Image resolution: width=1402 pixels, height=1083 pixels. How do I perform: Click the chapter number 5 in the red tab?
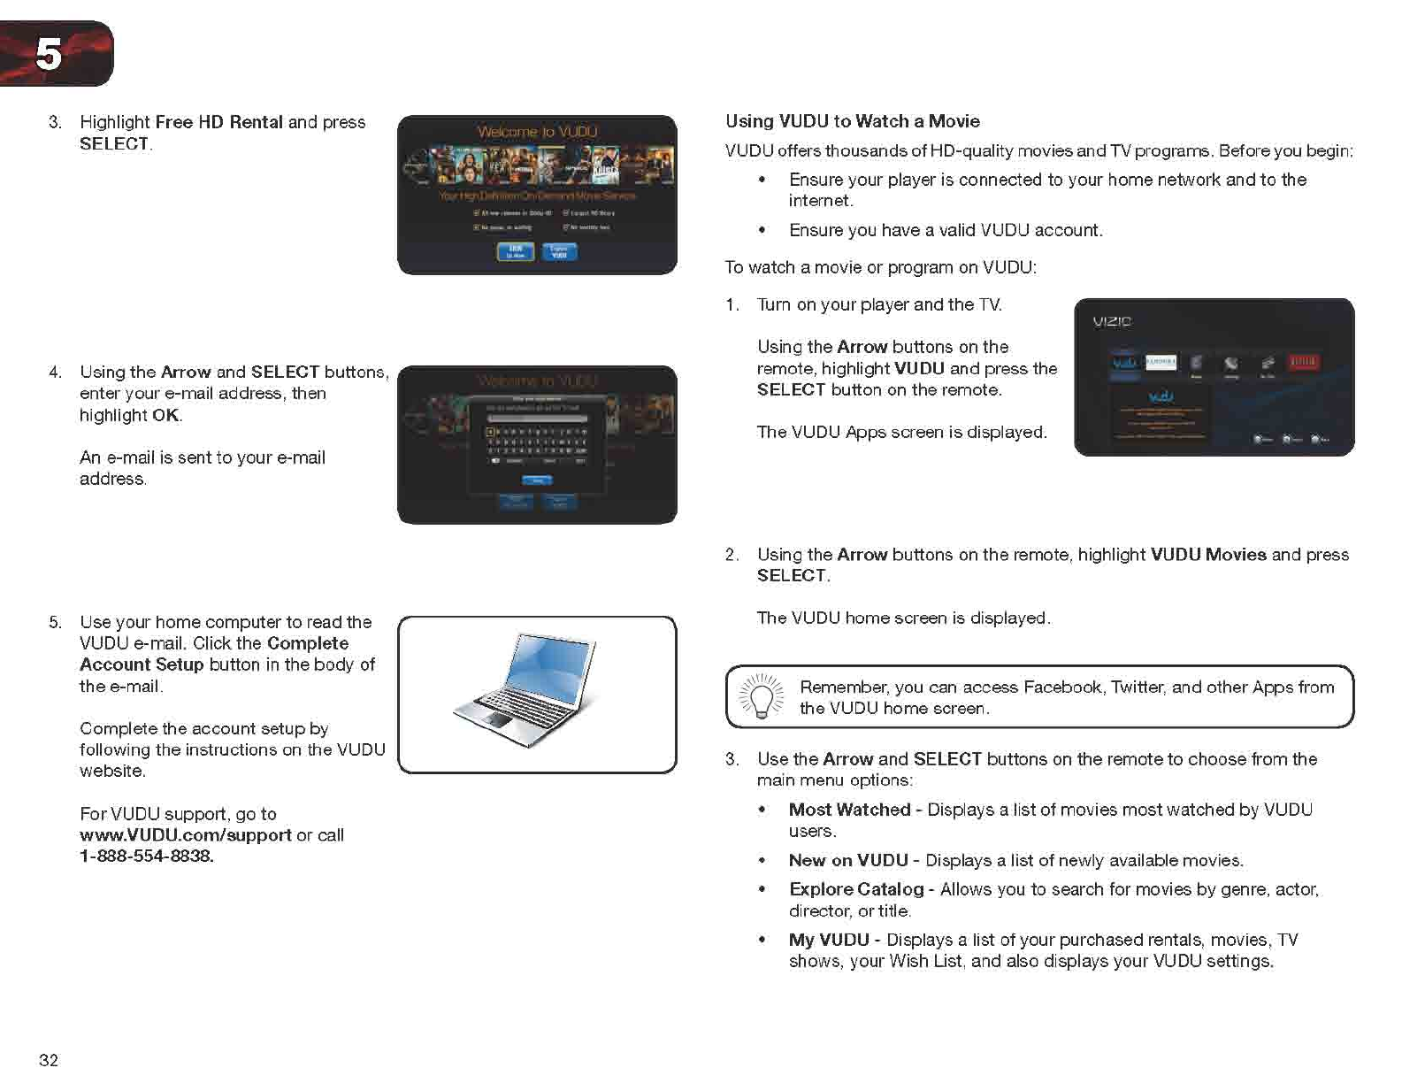(49, 55)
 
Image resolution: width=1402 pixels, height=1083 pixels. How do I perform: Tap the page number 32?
(49, 1060)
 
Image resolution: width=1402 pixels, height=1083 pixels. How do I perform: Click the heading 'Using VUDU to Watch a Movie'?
(852, 121)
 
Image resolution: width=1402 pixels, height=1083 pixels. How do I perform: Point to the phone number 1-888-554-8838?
(146, 856)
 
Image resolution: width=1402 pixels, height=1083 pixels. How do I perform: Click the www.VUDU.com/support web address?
(185, 835)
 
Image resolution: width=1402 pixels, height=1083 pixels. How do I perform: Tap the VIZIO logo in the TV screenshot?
(1112, 321)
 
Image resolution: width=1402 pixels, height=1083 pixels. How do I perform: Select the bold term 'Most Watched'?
(849, 810)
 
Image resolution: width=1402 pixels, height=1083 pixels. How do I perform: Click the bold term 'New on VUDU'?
(847, 860)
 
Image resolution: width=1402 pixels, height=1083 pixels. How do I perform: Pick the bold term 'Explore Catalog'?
(855, 889)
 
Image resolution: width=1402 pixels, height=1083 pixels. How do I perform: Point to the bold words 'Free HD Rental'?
(218, 122)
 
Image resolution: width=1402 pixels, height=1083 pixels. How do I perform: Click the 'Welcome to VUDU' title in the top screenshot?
(537, 132)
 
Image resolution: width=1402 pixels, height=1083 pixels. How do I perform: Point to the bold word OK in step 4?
(165, 415)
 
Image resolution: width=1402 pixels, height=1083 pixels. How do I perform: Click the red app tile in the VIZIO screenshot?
(1303, 361)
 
